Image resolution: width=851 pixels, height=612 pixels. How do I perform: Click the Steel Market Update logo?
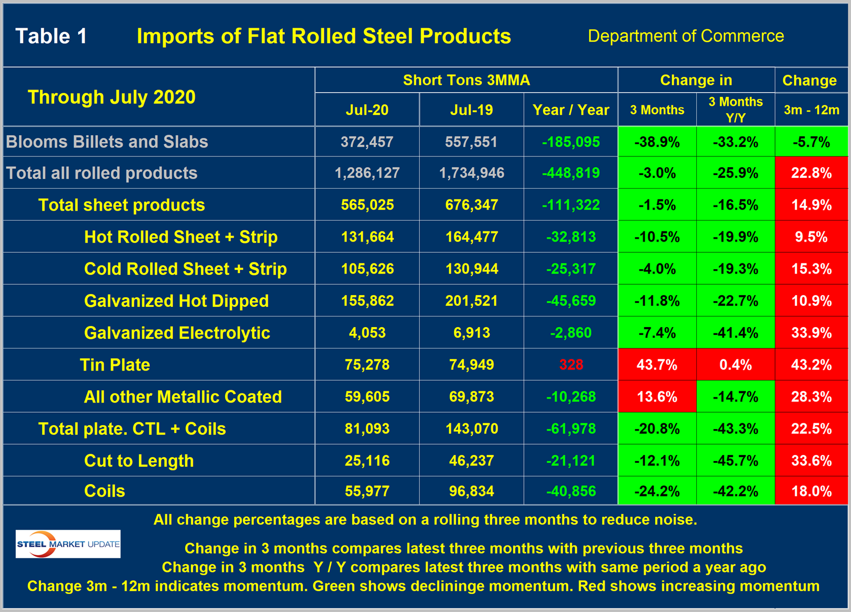[68, 544]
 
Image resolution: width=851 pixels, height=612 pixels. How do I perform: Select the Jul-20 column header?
[367, 110]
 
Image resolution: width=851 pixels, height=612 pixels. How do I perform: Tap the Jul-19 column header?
[472, 110]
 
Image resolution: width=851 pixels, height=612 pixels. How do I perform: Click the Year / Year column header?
[571, 110]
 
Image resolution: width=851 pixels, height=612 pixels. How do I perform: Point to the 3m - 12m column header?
[812, 110]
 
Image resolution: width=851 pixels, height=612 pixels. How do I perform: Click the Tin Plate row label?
[115, 365]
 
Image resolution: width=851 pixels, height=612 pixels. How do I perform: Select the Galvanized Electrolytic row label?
[177, 333]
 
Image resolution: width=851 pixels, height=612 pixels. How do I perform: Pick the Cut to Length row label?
[139, 461]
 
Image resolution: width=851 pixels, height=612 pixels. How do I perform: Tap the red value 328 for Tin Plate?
[571, 365]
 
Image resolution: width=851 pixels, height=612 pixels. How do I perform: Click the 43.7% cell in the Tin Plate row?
[657, 365]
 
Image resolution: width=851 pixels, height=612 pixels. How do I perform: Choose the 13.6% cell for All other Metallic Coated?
[657, 397]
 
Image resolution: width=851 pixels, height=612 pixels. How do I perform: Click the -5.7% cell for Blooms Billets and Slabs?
[812, 142]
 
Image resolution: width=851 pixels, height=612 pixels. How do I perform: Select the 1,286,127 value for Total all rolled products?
[367, 173]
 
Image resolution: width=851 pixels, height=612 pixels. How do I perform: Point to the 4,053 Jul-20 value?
[367, 333]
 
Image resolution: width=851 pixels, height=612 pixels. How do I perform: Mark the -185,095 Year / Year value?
[571, 142]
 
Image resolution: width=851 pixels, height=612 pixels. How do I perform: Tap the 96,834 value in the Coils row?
[472, 491]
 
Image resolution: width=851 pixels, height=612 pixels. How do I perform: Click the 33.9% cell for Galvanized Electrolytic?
[812, 333]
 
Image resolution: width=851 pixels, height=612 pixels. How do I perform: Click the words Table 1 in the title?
[51, 36]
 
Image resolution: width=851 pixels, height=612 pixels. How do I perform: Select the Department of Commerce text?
[686, 36]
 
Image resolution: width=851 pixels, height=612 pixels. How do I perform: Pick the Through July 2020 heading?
[111, 97]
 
